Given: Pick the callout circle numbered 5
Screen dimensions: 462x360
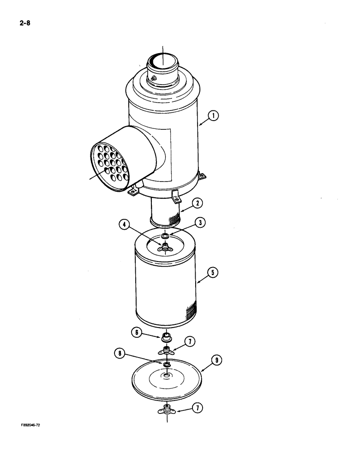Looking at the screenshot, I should point(213,273).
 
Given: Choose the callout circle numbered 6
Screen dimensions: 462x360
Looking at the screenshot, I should point(137,332).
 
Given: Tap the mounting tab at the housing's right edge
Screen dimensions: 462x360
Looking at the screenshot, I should point(202,176).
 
